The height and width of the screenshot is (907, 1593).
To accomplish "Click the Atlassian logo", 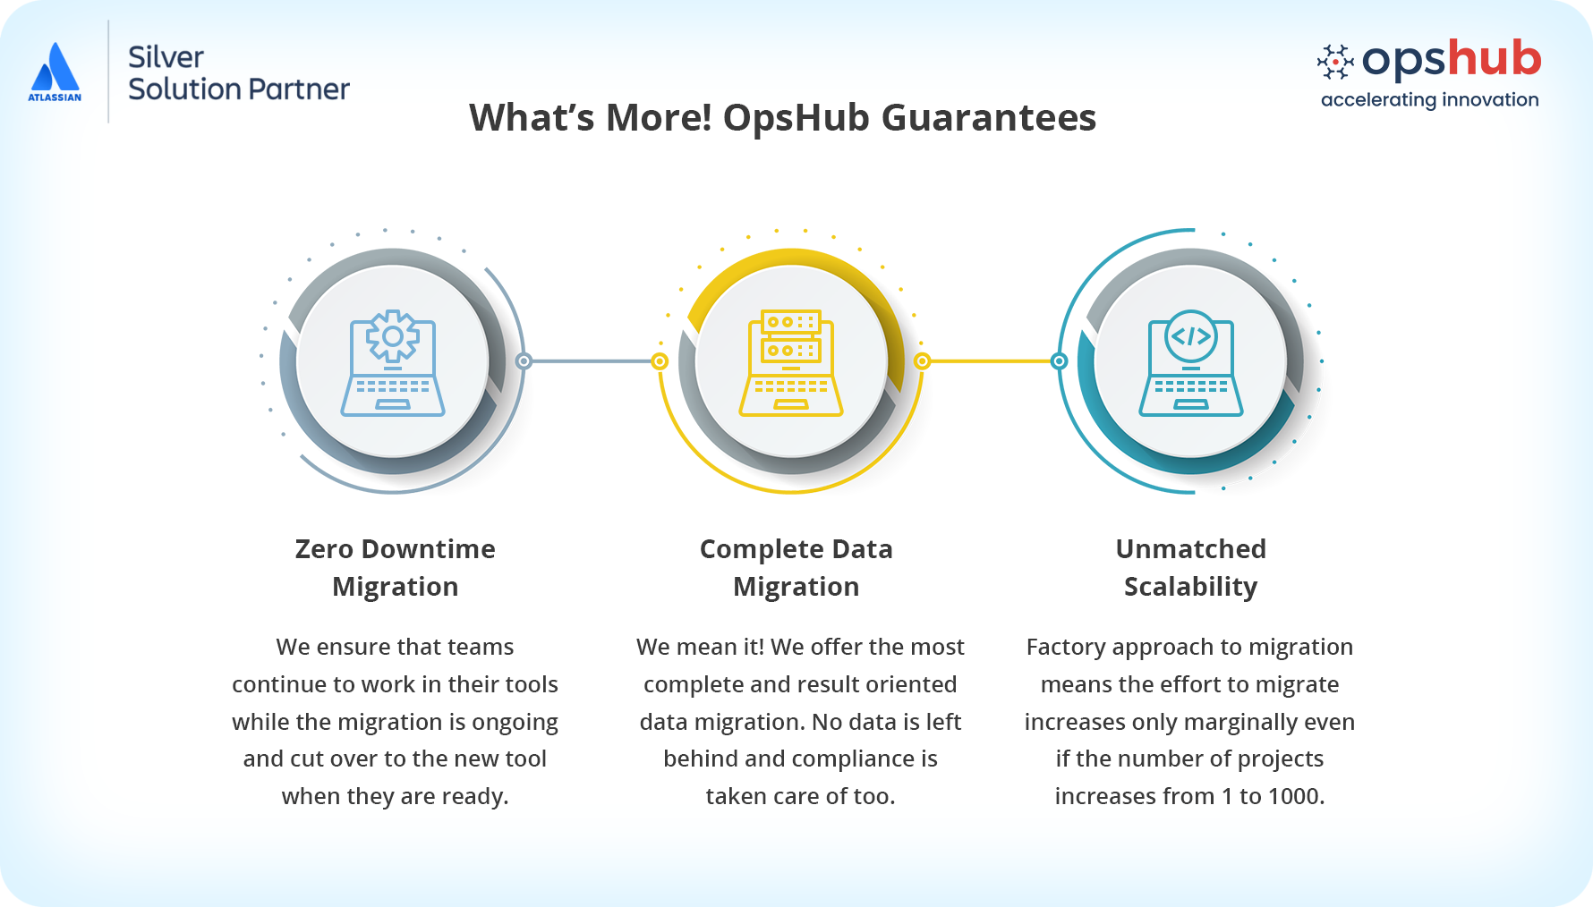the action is click(x=55, y=72).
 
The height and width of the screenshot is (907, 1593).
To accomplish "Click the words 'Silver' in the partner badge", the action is click(x=166, y=57).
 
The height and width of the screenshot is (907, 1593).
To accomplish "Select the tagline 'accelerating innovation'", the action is click(x=1429, y=100).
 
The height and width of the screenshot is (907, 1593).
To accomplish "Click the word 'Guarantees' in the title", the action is click(x=989, y=117).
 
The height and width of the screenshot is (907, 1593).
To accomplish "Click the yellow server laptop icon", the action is click(x=791, y=363).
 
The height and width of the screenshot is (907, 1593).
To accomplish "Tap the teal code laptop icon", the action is click(x=1191, y=363).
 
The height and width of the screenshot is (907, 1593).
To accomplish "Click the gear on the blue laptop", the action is click(x=393, y=336).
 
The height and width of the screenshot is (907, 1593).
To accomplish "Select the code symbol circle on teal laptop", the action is click(x=1191, y=336).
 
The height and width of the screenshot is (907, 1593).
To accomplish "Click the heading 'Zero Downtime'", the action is click(x=396, y=548).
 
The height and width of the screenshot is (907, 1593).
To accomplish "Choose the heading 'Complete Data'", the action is click(x=796, y=548).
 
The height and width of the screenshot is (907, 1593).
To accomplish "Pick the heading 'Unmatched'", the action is click(x=1191, y=548).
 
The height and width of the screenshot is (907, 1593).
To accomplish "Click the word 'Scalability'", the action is click(x=1191, y=587).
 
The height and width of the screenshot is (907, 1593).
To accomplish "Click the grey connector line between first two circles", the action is click(x=592, y=361).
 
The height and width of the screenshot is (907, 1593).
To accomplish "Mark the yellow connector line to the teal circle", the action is click(x=991, y=361).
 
